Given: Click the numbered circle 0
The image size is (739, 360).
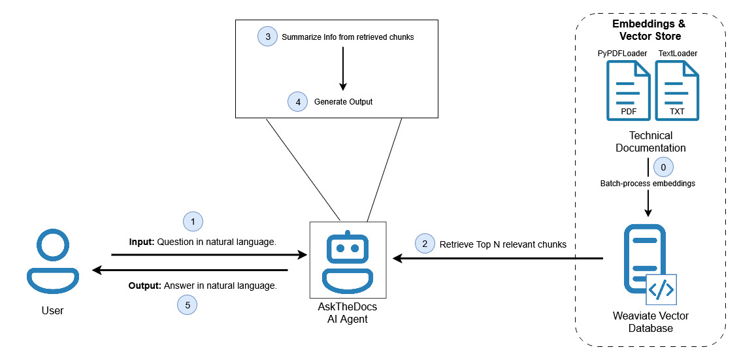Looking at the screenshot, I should [663, 167].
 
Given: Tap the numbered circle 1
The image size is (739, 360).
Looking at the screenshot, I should [193, 221].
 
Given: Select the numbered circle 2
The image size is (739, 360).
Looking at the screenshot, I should [425, 244].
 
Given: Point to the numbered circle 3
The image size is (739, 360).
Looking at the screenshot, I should [267, 37].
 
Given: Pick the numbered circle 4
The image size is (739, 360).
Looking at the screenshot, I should [298, 101].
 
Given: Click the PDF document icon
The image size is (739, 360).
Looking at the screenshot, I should [629, 91].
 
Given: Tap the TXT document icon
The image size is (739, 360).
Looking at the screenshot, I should [677, 91].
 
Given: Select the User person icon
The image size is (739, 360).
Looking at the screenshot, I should [53, 261].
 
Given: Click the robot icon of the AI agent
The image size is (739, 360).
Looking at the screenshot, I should [348, 262].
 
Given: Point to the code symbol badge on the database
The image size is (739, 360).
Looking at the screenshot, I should [661, 289].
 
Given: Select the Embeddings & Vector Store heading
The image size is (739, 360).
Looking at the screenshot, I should [650, 29].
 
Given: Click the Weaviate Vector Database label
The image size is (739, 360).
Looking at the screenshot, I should [650, 322].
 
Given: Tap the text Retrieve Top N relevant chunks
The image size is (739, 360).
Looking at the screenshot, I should [502, 244].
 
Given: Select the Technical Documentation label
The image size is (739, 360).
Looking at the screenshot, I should [650, 142].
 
